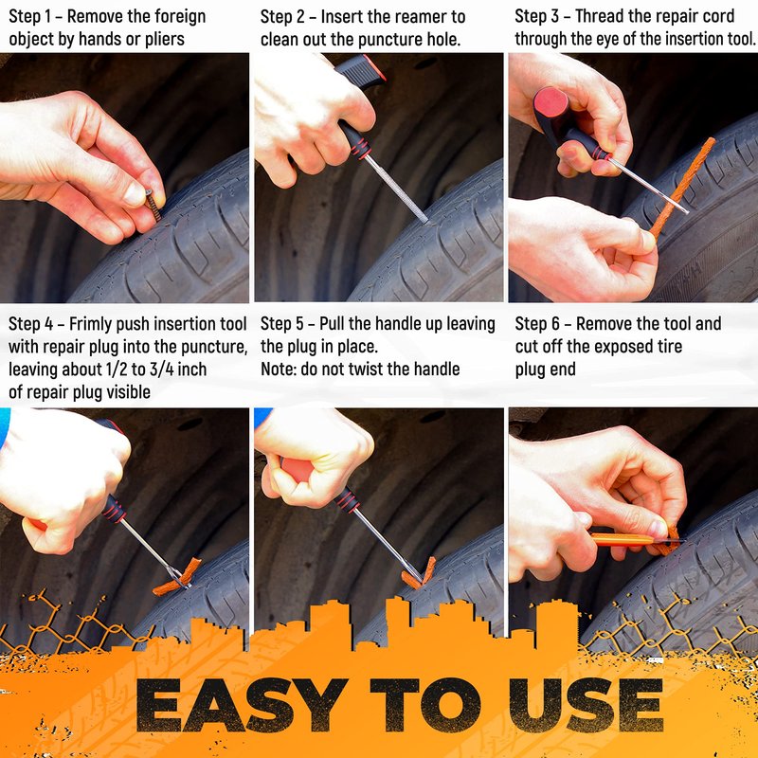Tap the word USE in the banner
pos(586,705)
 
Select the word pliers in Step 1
pos(164,40)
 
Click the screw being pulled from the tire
pos(153,205)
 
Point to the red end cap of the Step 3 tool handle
pos(550,102)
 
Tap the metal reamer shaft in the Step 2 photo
pos(396,189)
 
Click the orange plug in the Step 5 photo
pos(419,573)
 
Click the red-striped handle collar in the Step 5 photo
pos(347,500)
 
